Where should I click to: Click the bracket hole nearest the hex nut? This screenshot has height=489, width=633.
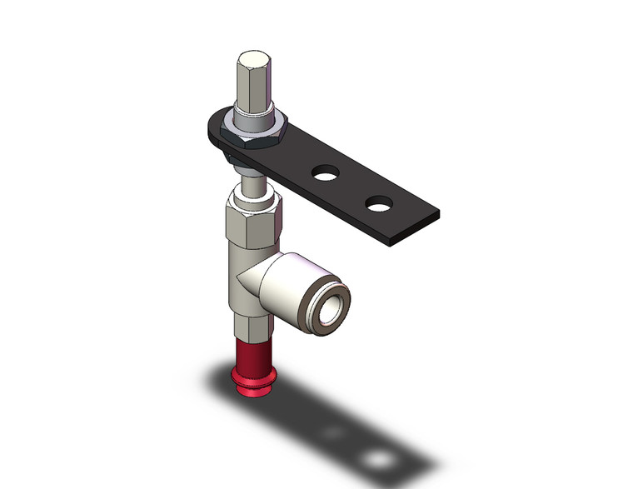tap(324, 173)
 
